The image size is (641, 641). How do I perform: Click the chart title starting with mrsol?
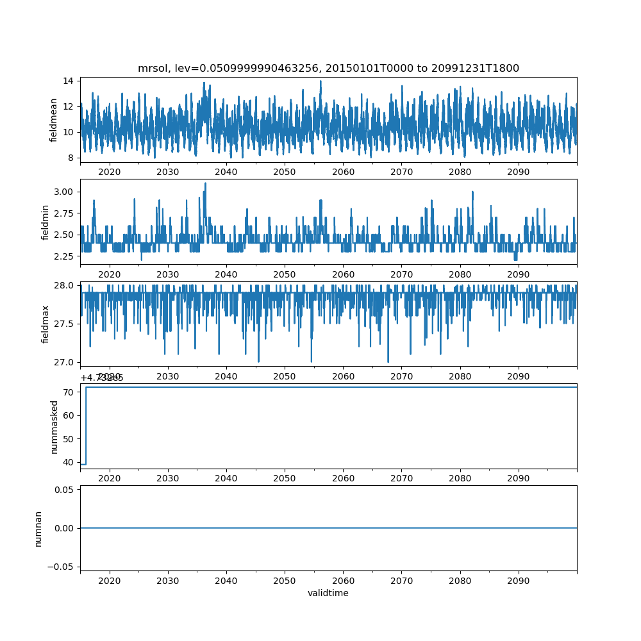pyautogui.click(x=328, y=68)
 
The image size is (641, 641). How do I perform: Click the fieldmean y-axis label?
pyautogui.click(x=54, y=120)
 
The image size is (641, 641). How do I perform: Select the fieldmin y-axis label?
pyautogui.click(x=45, y=222)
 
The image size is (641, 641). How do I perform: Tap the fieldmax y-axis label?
pyautogui.click(x=45, y=324)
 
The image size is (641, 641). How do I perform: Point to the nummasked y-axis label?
pyautogui.click(x=54, y=426)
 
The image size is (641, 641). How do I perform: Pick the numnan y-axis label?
pyautogui.click(x=38, y=528)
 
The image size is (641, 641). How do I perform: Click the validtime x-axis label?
pyautogui.click(x=328, y=593)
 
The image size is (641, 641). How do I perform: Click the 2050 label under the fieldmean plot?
pyautogui.click(x=285, y=172)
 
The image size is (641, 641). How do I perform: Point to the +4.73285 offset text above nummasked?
pyautogui.click(x=102, y=378)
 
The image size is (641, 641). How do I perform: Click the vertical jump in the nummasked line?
pyautogui.click(x=86, y=426)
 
